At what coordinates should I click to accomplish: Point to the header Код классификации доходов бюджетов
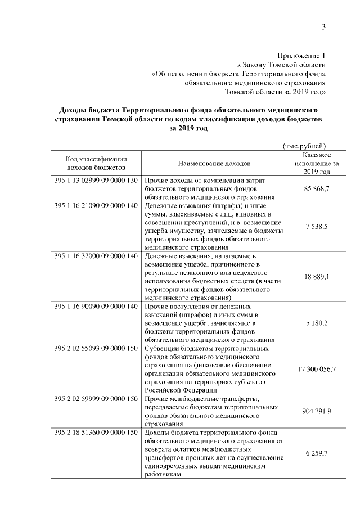tap(96, 163)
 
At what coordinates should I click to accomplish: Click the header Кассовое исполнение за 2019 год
tap(316, 163)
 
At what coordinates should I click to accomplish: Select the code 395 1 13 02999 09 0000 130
tap(96, 181)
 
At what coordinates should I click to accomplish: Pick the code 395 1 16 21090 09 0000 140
tap(96, 206)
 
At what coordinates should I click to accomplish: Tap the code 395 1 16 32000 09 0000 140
tap(96, 256)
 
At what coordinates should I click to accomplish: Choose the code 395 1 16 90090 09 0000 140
tap(96, 307)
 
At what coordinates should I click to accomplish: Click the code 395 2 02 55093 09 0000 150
tap(96, 349)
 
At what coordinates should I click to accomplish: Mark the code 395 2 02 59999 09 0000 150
tap(96, 400)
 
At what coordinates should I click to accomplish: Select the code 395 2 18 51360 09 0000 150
tap(96, 434)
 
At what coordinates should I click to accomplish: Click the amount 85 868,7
tap(316, 189)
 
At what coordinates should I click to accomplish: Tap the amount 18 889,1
tap(316, 277)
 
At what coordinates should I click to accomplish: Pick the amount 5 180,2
tap(316, 323)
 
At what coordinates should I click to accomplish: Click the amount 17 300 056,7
tap(316, 370)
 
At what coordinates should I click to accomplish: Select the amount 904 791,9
tap(316, 412)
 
